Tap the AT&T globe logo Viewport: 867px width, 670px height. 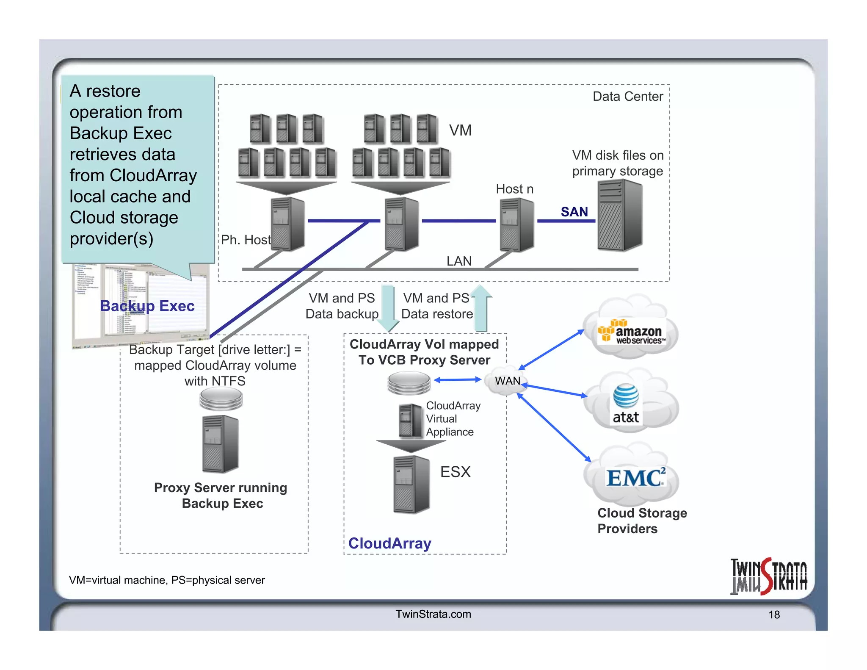[626, 396]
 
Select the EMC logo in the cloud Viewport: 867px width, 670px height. [635, 478]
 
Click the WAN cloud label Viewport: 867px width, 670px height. [508, 381]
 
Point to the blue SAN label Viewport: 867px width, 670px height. [574, 211]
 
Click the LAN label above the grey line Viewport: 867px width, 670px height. [459, 261]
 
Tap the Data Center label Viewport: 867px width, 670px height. [627, 97]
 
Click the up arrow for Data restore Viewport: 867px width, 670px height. [481, 307]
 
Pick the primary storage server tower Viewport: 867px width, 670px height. [620, 215]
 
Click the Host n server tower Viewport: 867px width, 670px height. [516, 224]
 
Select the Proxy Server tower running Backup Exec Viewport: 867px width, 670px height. [220, 444]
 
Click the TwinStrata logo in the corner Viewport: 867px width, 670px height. [768, 576]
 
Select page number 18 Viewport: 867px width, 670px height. [774, 615]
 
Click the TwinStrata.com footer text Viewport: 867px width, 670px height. [433, 614]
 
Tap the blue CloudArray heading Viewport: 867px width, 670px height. [389, 543]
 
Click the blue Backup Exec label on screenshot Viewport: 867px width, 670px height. [147, 306]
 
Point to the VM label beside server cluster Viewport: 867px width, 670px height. [460, 130]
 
